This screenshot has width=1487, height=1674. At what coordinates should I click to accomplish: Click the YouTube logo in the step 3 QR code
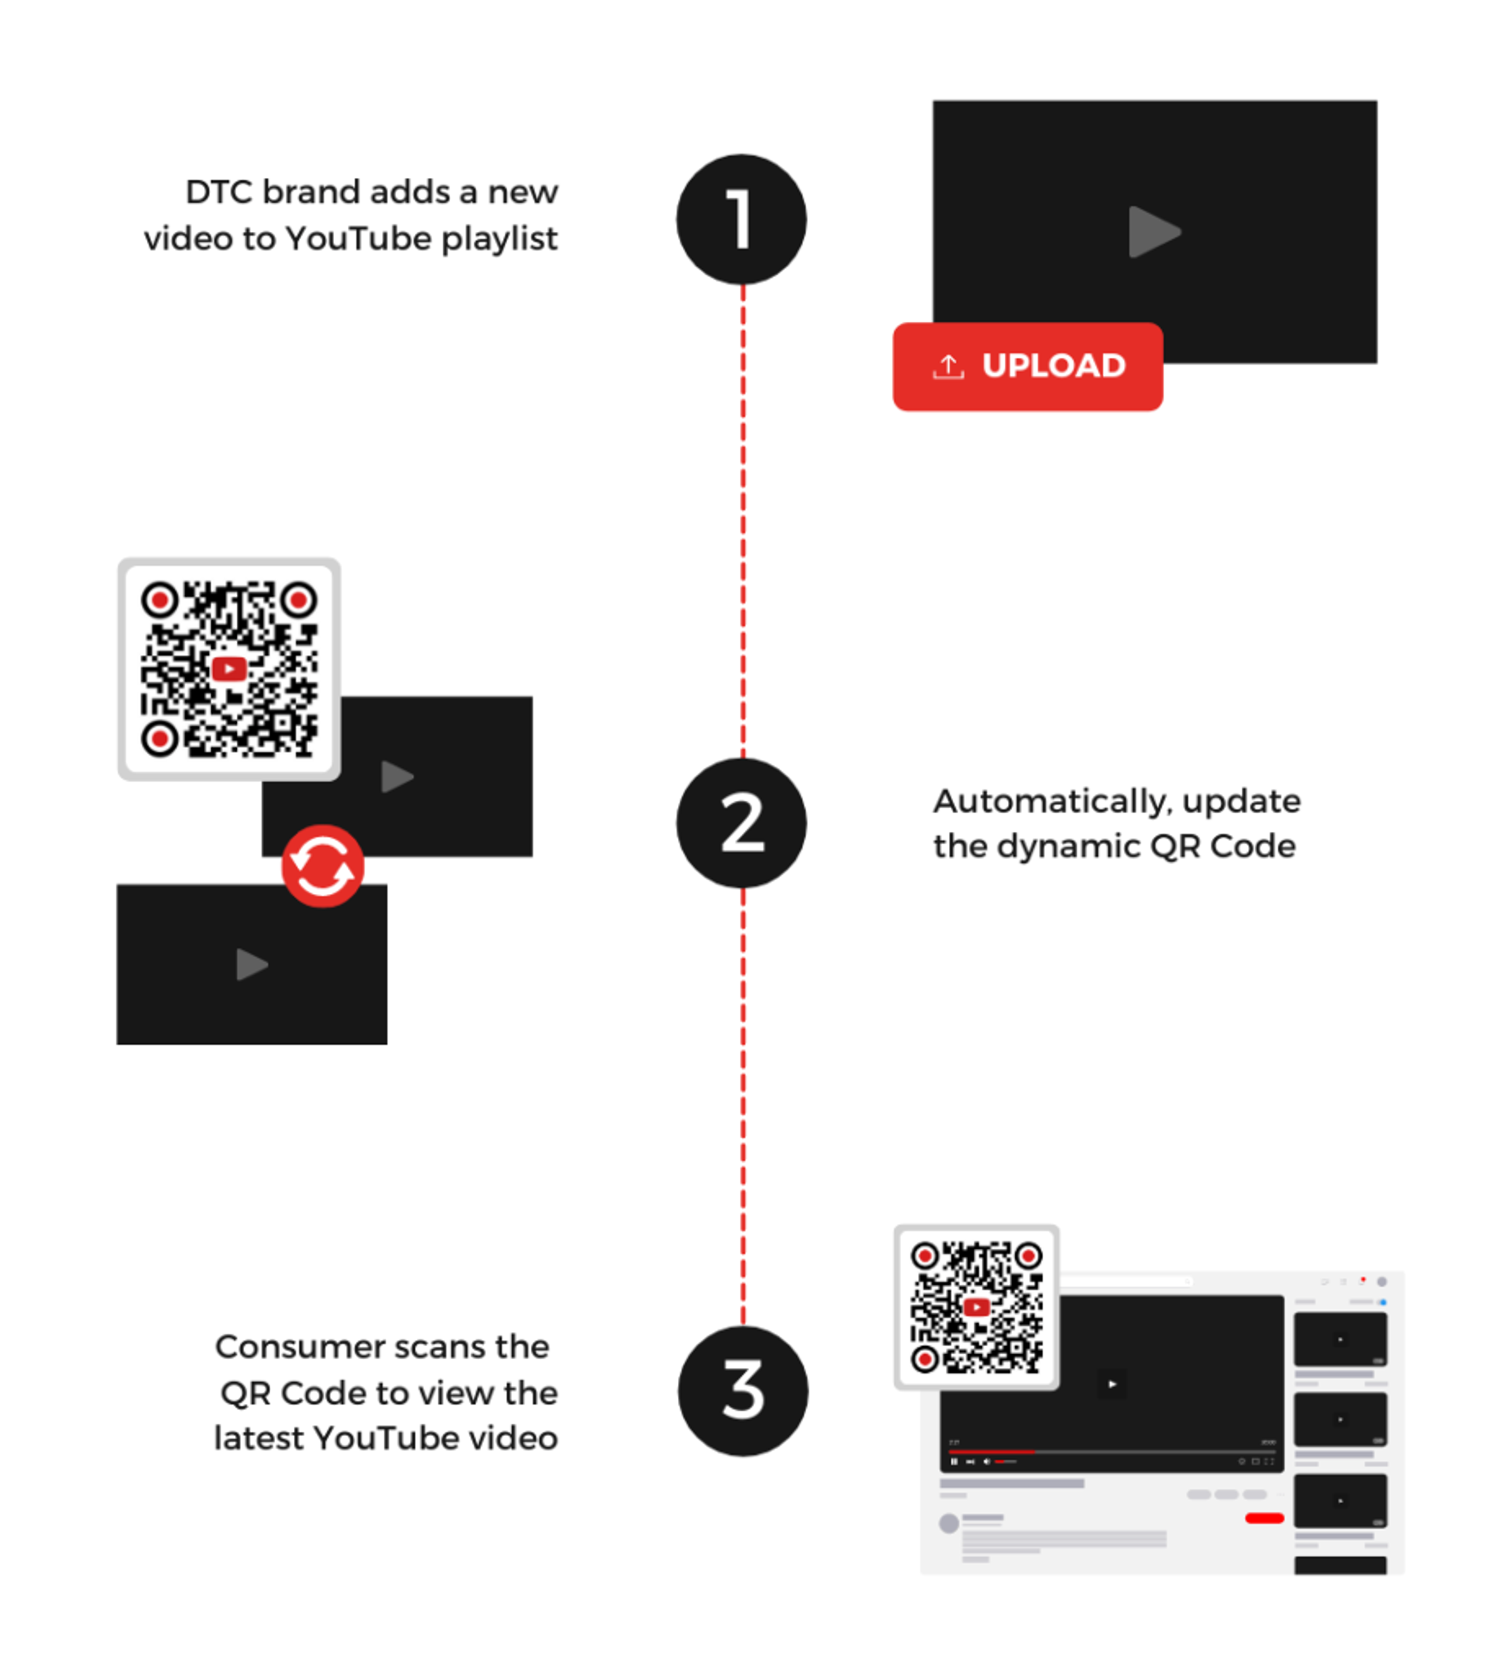976,1307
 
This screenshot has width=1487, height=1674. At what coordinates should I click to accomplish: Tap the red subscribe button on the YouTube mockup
1264,1517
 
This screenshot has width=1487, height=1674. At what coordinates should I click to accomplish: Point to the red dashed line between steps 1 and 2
743,516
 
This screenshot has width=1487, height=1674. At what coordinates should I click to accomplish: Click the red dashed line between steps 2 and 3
743,1106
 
